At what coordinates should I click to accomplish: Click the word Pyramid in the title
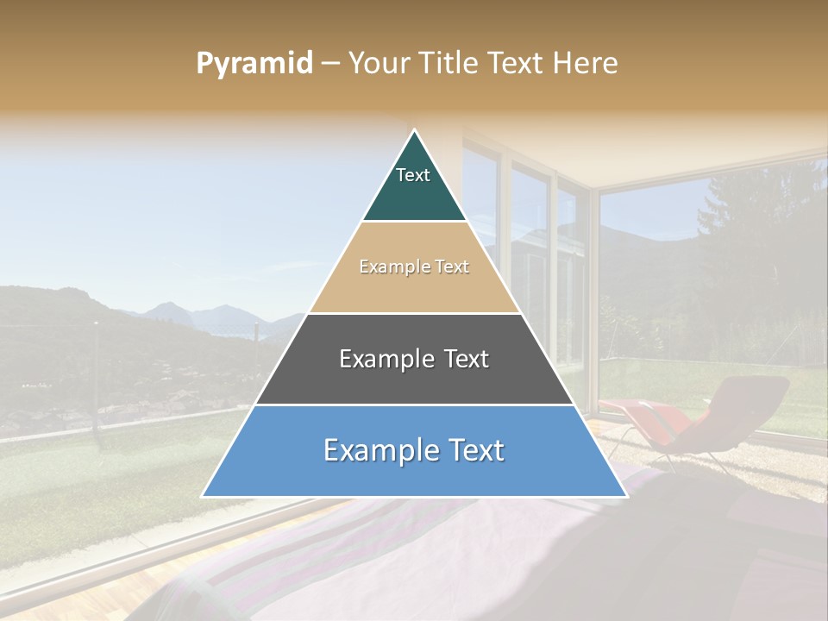(x=254, y=64)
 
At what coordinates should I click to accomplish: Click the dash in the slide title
(x=330, y=64)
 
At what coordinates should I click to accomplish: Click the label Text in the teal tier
(x=413, y=175)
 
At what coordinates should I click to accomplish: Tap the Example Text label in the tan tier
(x=414, y=267)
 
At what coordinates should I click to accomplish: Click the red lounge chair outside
(x=716, y=423)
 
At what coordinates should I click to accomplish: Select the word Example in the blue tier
(x=379, y=450)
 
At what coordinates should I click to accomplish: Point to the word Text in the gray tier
(x=461, y=359)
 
